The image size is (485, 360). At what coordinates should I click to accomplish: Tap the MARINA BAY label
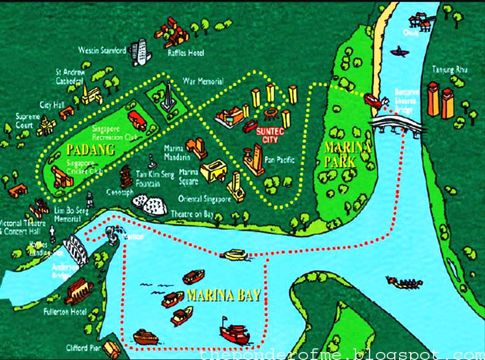(224, 295)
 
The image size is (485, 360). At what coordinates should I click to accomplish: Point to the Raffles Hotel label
(185, 53)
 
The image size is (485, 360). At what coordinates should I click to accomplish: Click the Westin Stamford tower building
(141, 52)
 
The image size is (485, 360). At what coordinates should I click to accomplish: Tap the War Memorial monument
(167, 98)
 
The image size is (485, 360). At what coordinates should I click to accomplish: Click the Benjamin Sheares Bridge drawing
(396, 126)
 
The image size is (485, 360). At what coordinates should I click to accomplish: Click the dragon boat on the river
(404, 283)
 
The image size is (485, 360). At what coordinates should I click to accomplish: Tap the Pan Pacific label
(279, 160)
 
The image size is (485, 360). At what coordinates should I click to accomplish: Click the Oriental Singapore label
(204, 198)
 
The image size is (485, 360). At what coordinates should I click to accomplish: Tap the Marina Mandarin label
(178, 152)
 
